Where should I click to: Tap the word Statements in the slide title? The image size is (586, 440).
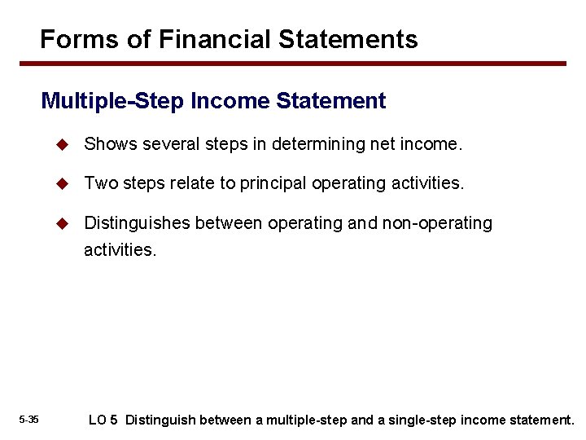(x=355, y=39)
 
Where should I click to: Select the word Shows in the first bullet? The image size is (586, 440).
(x=111, y=144)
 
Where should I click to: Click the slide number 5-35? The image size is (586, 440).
(x=28, y=420)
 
